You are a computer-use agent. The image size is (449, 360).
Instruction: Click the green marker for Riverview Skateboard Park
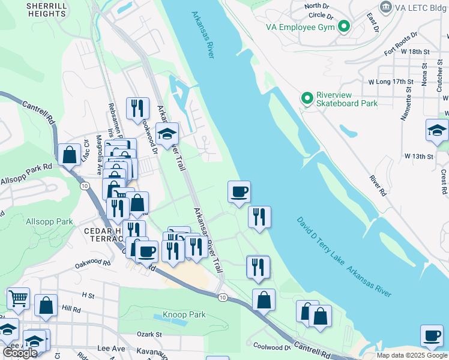307,98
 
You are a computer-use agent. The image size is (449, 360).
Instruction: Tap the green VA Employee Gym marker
344,26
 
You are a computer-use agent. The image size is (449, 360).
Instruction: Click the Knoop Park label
184,314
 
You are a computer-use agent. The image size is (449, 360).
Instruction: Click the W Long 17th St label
391,81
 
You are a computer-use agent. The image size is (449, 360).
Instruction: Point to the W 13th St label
418,156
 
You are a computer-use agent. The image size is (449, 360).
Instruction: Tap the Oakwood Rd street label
92,263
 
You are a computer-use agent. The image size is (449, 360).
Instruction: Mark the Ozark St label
151,334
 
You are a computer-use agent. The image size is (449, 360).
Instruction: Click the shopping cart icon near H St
18,297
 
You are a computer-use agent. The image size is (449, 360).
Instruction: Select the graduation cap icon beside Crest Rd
437,130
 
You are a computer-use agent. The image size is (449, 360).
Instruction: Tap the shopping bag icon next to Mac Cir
70,154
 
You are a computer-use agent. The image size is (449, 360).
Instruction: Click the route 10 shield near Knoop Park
222,298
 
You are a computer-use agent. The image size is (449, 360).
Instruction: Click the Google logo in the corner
20,353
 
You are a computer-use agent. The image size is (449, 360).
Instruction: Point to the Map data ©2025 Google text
411,355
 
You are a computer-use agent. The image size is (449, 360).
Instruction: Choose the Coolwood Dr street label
272,346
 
